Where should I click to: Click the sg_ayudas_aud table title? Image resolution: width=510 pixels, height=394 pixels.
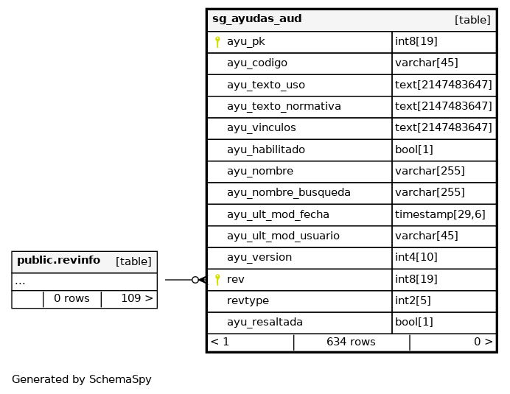(257, 19)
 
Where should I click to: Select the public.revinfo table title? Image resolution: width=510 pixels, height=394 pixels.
(58, 260)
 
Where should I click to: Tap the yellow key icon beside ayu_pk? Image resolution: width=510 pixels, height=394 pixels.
(217, 42)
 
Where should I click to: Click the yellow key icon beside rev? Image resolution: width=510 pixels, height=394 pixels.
(217, 280)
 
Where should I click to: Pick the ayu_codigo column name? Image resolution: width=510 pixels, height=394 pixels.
(257, 63)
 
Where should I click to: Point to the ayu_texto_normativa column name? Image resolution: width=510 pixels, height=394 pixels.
(284, 106)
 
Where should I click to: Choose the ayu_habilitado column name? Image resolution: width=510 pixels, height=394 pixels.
(266, 149)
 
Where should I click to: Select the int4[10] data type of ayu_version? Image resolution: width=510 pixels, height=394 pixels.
(416, 257)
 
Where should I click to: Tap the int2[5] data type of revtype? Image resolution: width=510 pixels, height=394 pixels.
(413, 300)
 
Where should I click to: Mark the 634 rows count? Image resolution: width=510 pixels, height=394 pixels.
(351, 342)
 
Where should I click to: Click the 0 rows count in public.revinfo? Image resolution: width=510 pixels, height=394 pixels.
(71, 298)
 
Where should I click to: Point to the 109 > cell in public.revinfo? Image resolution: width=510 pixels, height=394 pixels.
(137, 298)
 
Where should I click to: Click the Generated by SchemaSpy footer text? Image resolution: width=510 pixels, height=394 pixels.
(82, 379)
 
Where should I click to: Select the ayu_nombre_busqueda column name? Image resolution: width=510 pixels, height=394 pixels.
(288, 192)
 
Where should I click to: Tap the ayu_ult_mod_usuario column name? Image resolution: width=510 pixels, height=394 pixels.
(283, 236)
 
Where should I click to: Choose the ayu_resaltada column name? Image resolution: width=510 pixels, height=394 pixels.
(265, 322)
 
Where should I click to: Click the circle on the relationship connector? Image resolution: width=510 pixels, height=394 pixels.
(195, 280)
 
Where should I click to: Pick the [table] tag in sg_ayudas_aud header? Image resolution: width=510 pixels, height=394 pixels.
(472, 20)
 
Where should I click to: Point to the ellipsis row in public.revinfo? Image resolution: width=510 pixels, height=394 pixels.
(20, 282)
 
